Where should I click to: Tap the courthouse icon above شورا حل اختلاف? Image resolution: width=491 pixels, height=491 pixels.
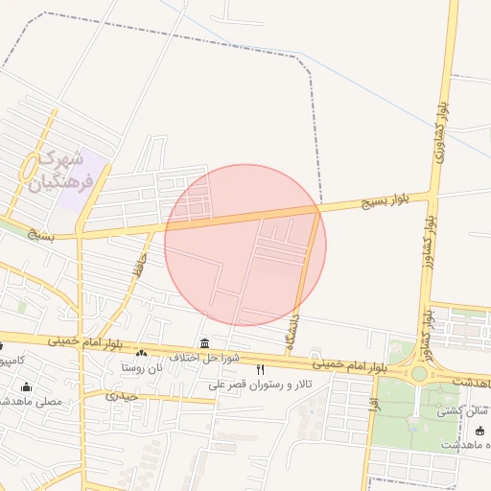[x=203, y=343]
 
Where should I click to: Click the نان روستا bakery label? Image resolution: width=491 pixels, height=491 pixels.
[x=142, y=368]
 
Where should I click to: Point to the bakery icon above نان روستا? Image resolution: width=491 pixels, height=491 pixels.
[x=142, y=354]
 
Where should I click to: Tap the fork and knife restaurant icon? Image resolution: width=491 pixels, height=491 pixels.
[x=260, y=370]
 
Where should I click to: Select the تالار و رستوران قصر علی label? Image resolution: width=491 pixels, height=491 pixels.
[x=259, y=385]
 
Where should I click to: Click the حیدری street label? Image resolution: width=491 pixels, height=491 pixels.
[x=122, y=395]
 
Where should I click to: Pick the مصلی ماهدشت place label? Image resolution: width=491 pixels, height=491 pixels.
[x=33, y=401]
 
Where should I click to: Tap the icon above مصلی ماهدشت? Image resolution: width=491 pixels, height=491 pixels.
[x=27, y=386]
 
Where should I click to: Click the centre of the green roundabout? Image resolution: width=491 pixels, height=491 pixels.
[x=419, y=374]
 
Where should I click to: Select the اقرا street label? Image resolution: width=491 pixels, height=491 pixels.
[x=375, y=391]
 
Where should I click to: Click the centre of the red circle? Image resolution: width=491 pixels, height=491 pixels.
[x=245, y=245]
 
